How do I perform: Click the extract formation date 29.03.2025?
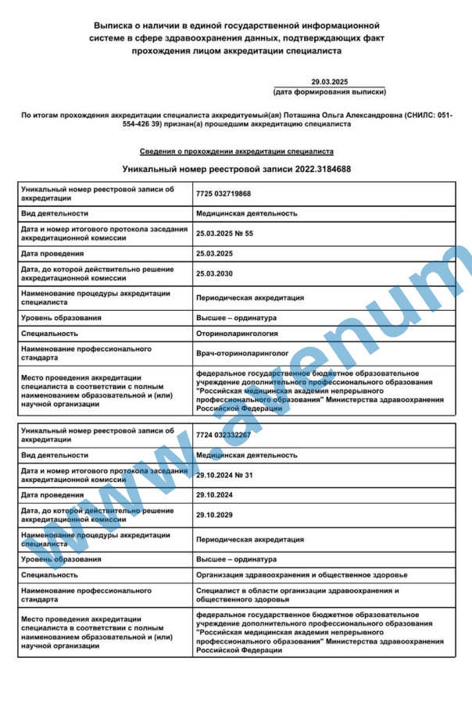click(x=329, y=81)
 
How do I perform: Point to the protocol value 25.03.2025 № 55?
click(x=224, y=233)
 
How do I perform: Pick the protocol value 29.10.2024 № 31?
click(x=224, y=474)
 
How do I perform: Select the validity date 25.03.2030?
click(x=214, y=273)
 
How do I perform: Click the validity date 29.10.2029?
click(x=214, y=515)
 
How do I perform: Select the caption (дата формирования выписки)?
click(x=329, y=91)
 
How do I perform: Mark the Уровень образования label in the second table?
click(x=61, y=559)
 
